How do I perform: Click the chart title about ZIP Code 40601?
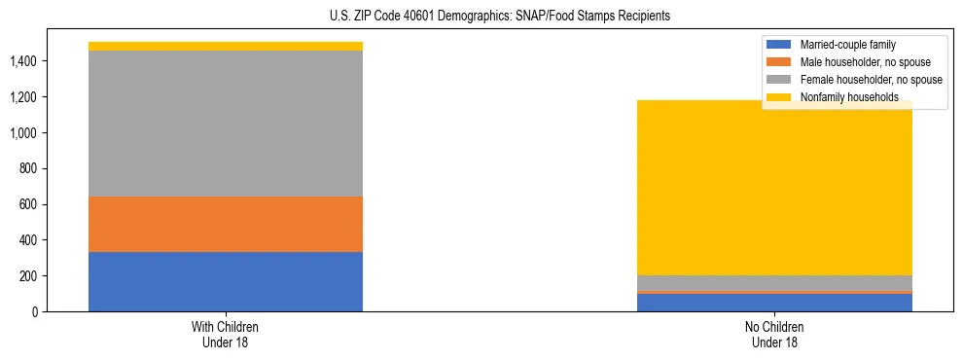(481, 17)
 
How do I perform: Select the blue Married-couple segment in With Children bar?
(226, 282)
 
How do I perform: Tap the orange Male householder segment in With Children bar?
(226, 225)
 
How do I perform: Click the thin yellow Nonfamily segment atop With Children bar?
(226, 46)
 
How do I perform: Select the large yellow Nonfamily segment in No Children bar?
(775, 188)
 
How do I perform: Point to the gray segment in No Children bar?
(775, 282)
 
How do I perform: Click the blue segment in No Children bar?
(775, 303)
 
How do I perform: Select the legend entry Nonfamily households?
(842, 97)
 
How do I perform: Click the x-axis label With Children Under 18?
(226, 334)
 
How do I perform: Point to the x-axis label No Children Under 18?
(775, 334)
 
